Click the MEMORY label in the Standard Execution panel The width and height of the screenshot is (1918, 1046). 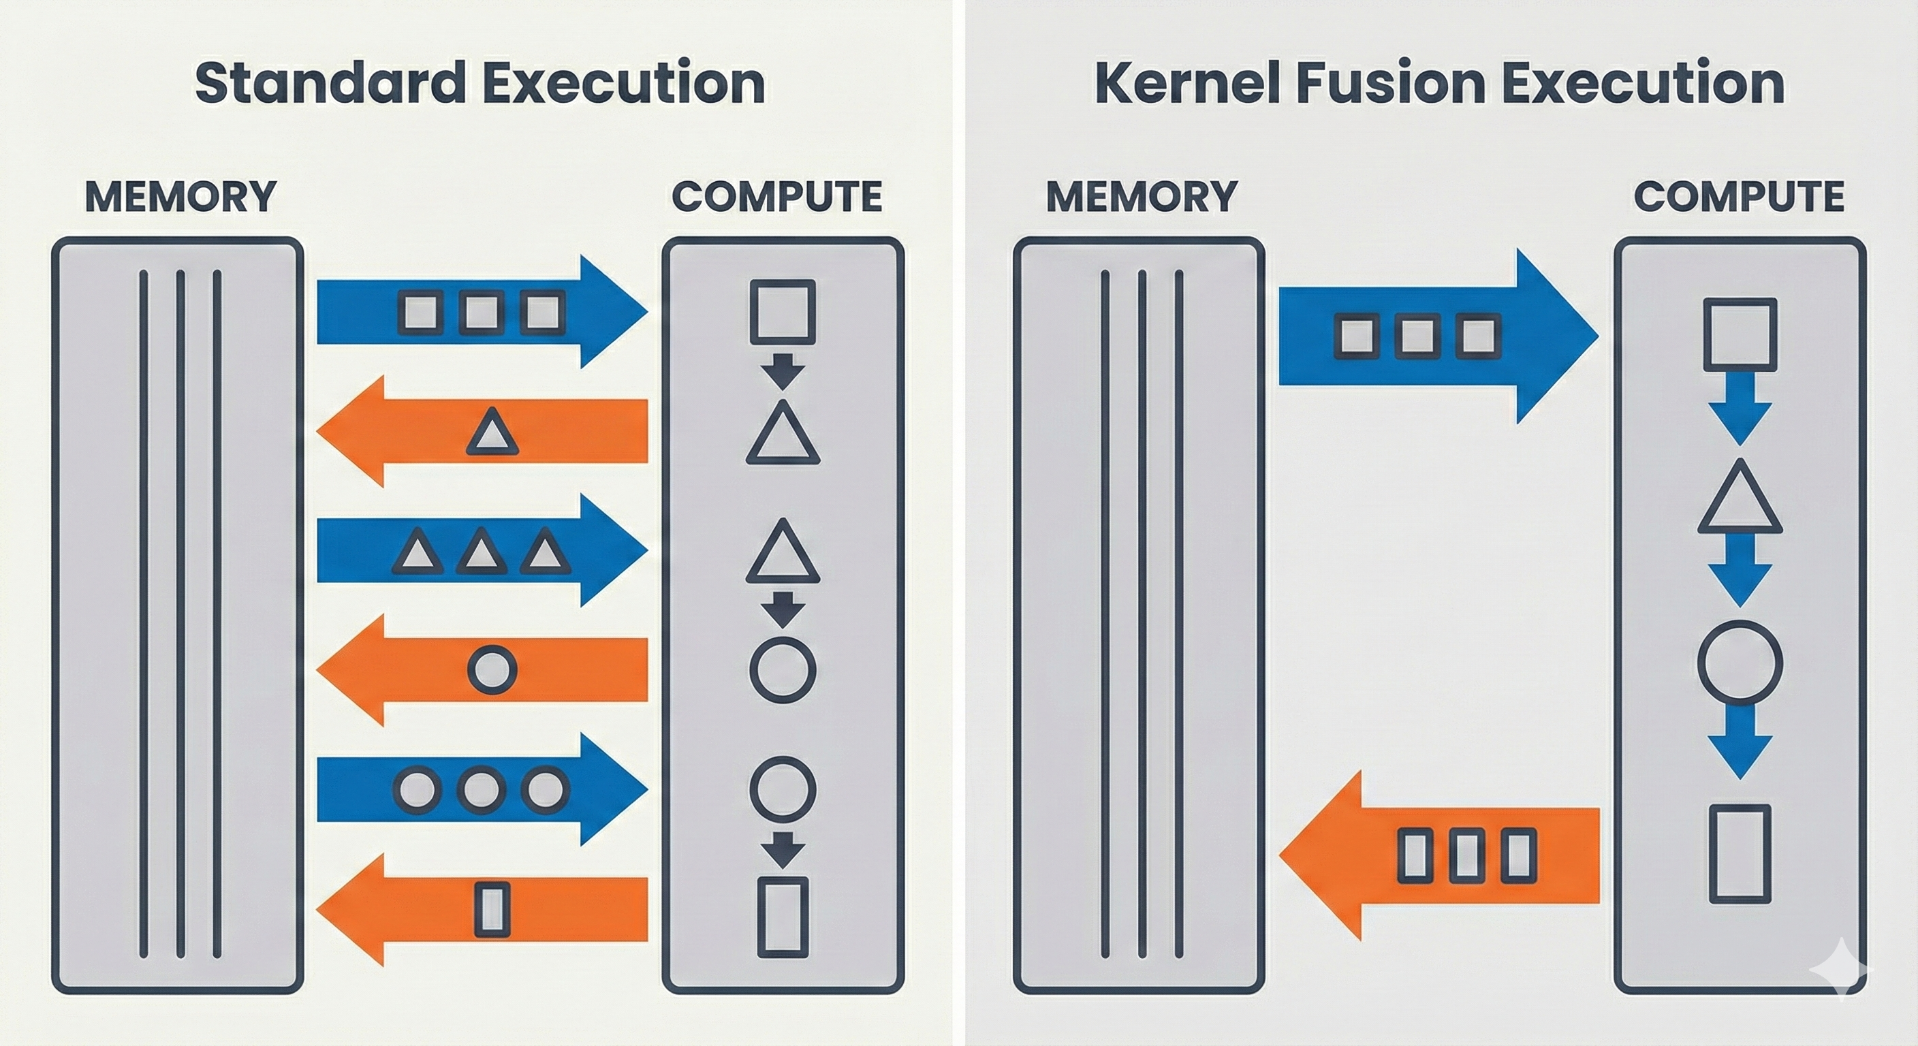point(181,197)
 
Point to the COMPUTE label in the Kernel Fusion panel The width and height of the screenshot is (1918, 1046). point(1739,197)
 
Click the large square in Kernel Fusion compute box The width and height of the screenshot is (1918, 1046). point(1740,334)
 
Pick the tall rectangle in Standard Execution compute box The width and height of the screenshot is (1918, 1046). point(783,917)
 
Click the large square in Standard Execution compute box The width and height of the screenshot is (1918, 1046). point(783,311)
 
